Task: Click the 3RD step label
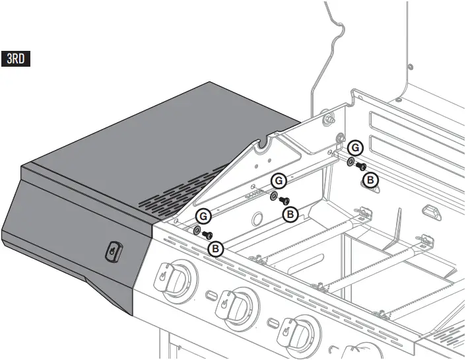click(17, 58)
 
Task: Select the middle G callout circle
click(279, 179)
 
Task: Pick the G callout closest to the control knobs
click(203, 215)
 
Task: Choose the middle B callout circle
click(289, 214)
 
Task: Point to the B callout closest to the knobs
click(215, 249)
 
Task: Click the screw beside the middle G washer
click(284, 199)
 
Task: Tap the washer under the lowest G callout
click(197, 230)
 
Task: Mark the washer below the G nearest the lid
click(350, 162)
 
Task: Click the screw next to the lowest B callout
click(207, 234)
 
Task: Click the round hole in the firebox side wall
click(259, 218)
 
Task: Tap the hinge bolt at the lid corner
click(326, 120)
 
